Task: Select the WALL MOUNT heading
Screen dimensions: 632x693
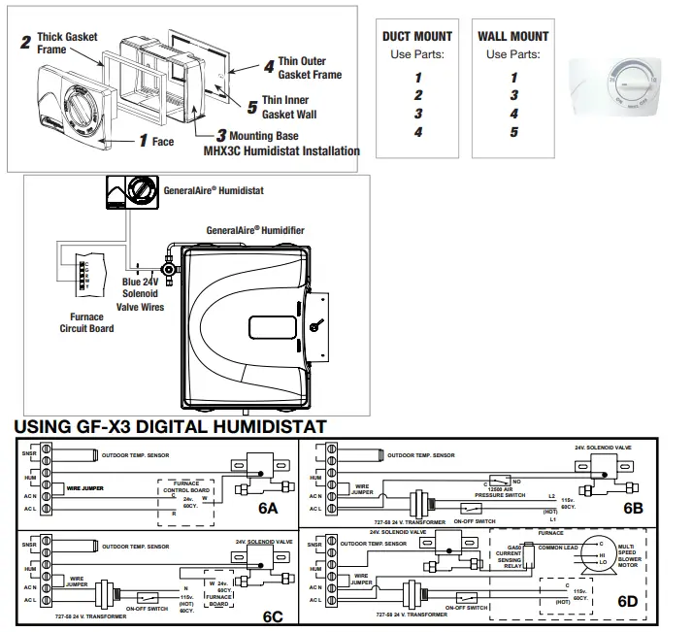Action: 513,36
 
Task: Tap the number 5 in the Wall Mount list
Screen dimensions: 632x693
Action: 513,132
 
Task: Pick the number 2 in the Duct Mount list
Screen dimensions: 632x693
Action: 417,95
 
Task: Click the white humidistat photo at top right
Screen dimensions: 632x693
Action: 624,85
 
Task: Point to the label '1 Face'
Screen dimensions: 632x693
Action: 156,142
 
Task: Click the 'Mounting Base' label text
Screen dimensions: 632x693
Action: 264,136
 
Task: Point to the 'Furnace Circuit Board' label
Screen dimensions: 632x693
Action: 85,322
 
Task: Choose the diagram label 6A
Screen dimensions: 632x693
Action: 268,509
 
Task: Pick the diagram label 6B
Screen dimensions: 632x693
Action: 633,507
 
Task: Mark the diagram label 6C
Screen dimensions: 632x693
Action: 273,615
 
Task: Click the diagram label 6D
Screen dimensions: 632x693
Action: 628,601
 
